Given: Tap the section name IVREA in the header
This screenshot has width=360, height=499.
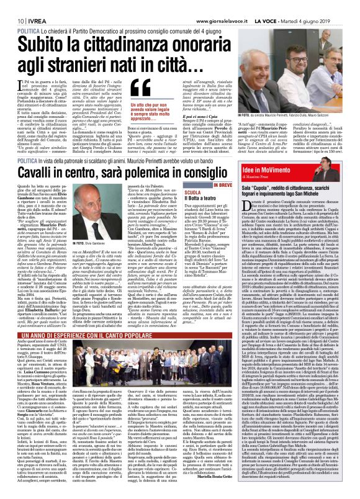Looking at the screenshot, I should point(31,5).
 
